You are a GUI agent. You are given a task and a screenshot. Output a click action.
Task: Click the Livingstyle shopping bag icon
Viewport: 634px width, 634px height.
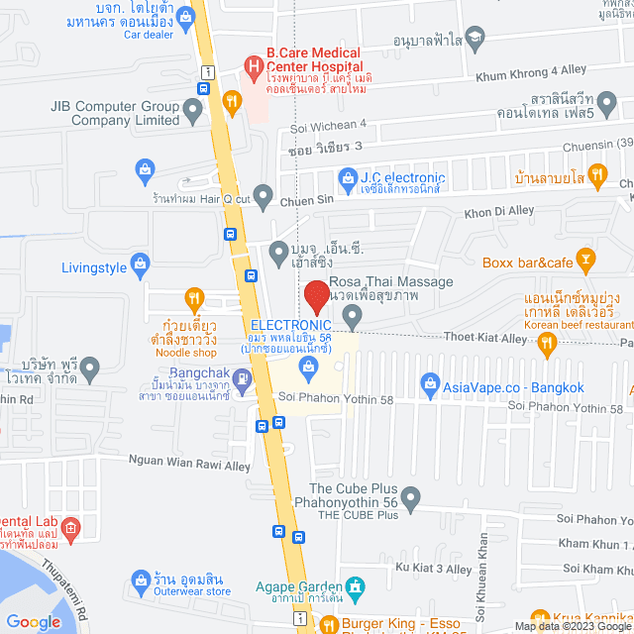click(x=141, y=264)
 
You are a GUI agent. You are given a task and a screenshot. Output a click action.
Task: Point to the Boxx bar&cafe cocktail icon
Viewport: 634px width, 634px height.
click(x=586, y=263)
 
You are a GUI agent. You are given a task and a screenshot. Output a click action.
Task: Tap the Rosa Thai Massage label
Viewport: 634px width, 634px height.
click(x=392, y=281)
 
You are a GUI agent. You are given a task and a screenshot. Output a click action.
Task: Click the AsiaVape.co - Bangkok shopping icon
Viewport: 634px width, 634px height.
click(x=430, y=381)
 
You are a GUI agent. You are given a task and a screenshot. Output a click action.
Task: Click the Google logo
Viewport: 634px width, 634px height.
click(x=33, y=622)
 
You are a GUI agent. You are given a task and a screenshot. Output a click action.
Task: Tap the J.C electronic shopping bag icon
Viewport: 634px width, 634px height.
click(x=347, y=178)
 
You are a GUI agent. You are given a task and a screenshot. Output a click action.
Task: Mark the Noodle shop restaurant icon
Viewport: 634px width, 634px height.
click(x=195, y=297)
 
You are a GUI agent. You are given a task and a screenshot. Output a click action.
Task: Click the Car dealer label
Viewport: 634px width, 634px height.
click(x=149, y=34)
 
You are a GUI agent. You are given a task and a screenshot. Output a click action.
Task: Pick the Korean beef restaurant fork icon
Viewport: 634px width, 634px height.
click(x=546, y=343)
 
